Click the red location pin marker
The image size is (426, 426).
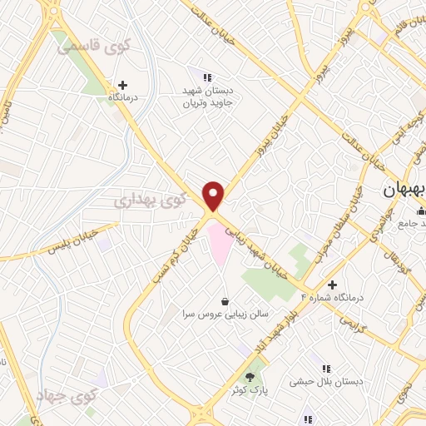(214, 196)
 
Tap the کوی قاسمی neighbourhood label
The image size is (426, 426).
(91, 47)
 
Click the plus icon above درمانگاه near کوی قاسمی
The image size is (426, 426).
(123, 84)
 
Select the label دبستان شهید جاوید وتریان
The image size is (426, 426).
(209, 97)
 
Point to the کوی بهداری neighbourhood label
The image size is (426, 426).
(145, 200)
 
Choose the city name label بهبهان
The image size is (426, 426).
(403, 190)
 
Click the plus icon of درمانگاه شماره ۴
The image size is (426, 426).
(309, 285)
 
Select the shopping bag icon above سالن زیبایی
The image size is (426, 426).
(224, 300)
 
